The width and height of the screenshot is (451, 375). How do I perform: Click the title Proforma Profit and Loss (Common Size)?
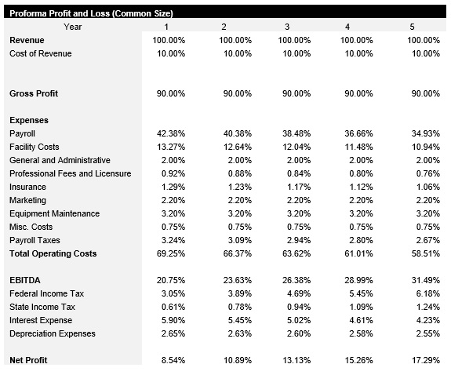pyautogui.click(x=91, y=13)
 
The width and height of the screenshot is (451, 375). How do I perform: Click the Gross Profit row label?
pyautogui.click(x=34, y=93)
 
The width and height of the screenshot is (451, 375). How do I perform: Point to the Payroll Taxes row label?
pyautogui.click(x=35, y=240)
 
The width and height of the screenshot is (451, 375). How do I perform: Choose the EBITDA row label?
pyautogui.click(x=24, y=280)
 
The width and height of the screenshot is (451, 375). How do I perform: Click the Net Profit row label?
pyautogui.click(x=28, y=360)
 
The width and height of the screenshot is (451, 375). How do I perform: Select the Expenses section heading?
pyautogui.click(x=29, y=120)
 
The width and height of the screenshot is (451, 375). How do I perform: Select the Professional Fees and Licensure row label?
pyautogui.click(x=70, y=173)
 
